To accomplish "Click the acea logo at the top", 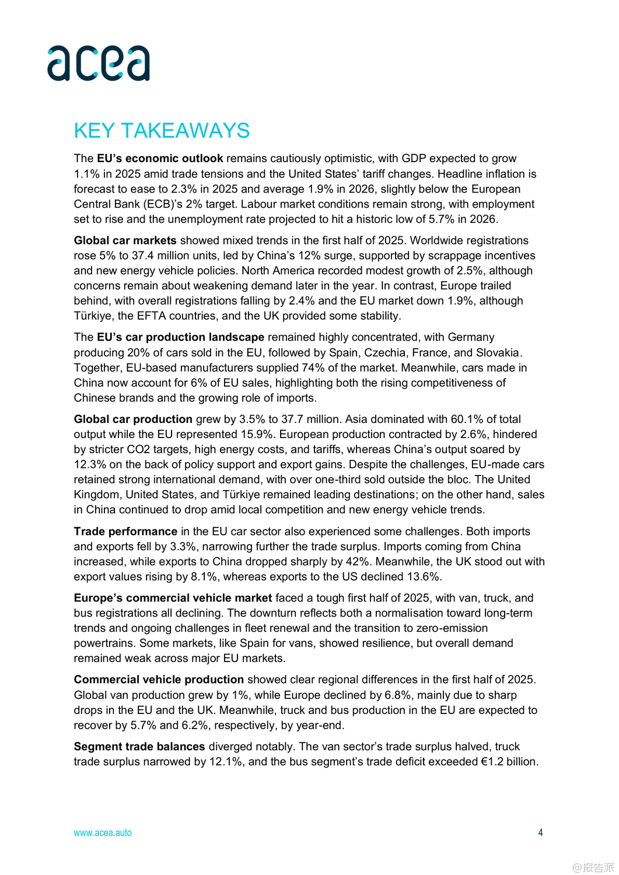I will [x=99, y=63].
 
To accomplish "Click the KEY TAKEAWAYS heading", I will [x=162, y=131].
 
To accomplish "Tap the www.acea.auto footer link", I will [x=103, y=833].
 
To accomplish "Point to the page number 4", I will [x=540, y=832].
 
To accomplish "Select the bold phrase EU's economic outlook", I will [x=160, y=159].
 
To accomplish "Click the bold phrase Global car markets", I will [x=125, y=240].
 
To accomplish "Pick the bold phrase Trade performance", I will [x=125, y=531].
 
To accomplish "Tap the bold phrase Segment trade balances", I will [x=139, y=747].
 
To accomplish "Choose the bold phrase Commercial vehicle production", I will [x=159, y=680].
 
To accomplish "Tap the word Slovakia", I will [x=498, y=353].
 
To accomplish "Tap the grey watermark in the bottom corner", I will [x=593, y=867].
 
